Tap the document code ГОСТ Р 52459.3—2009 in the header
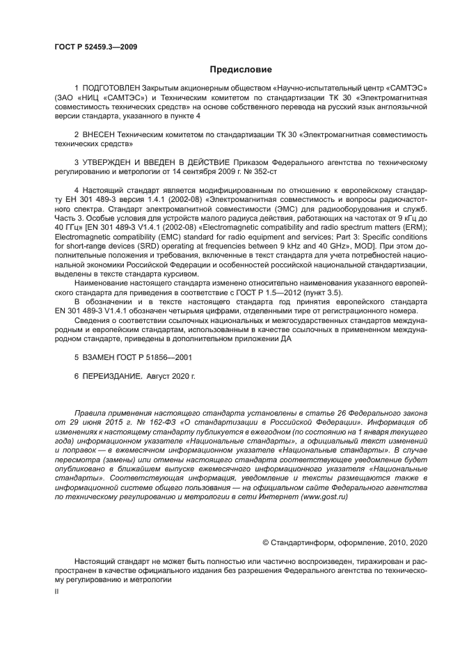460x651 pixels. tap(95, 45)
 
